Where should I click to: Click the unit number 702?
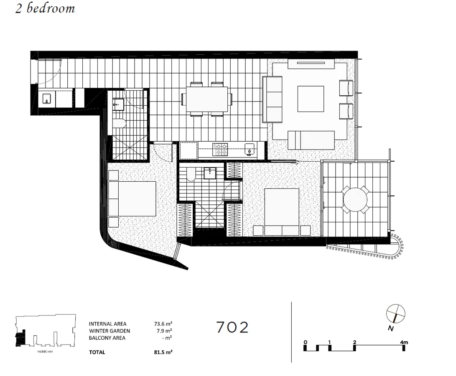click(x=232, y=327)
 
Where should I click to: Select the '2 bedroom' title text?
click(x=45, y=9)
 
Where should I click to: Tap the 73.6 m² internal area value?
click(x=163, y=324)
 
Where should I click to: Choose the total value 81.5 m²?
click(x=163, y=352)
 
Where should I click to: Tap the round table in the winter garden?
click(x=355, y=200)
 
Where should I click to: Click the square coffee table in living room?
click(x=311, y=99)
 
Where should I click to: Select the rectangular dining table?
click(x=207, y=99)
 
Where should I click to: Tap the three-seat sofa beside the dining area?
click(x=272, y=99)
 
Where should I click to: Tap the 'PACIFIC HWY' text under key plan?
click(x=45, y=352)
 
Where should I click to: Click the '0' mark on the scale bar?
click(x=306, y=342)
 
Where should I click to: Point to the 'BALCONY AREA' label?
click(x=107, y=338)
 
